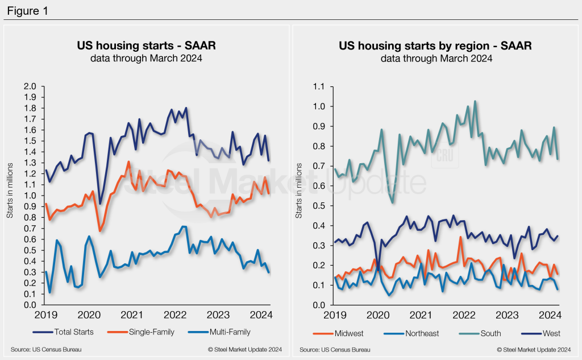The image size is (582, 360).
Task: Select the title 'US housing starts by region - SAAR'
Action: tap(435, 46)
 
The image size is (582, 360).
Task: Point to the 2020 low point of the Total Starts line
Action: tap(101, 204)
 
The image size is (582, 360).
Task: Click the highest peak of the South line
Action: tap(475, 101)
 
